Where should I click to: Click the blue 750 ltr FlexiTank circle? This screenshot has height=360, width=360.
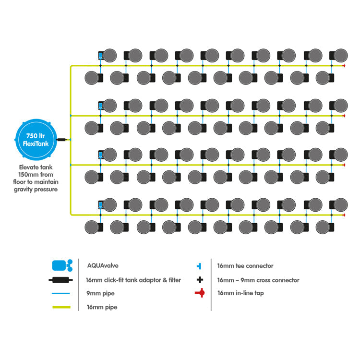point(36,140)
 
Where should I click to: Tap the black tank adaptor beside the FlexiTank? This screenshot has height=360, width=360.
point(61,140)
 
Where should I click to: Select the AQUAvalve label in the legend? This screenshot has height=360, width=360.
point(103,265)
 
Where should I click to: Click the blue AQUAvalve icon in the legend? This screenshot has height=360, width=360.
point(62,265)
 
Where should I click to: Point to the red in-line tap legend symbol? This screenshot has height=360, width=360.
point(200,293)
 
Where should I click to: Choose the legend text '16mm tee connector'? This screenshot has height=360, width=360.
point(245,266)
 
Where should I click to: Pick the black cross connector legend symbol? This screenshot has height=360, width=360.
point(200,280)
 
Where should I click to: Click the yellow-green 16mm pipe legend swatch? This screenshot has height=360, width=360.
point(61,307)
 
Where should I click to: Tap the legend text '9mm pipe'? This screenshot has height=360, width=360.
point(100,293)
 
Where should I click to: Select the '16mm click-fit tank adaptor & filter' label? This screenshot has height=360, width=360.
point(133,280)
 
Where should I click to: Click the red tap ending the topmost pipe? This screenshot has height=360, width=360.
point(344,66)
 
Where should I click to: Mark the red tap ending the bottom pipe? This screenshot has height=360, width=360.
point(344,215)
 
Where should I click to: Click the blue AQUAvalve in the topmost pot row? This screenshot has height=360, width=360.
point(101,56)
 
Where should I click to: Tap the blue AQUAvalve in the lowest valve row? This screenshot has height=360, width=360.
point(101,205)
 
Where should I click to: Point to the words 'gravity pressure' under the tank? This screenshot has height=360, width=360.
point(36,190)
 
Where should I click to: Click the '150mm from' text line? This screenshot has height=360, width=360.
point(36,175)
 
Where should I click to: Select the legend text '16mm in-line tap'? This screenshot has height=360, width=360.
point(240,293)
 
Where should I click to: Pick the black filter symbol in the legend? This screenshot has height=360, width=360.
point(60,280)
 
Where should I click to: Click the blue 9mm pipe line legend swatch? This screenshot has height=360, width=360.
point(61,293)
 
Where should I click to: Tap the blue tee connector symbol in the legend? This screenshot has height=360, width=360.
point(199,266)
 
